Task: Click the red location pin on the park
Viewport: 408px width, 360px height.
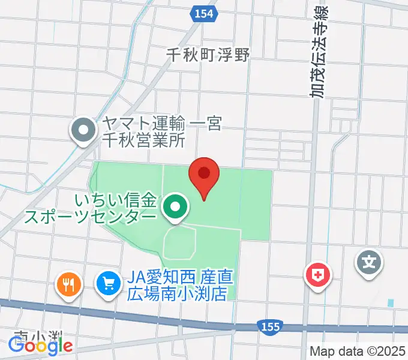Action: [203, 176]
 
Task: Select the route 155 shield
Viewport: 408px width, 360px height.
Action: [269, 326]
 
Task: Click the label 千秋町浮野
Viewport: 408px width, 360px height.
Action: [208, 55]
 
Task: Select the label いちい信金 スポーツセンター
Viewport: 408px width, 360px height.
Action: [90, 208]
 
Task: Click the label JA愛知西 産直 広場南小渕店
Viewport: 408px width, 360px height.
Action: [181, 286]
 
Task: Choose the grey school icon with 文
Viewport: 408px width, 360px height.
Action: [370, 262]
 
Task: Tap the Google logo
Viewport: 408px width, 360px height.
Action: [40, 346]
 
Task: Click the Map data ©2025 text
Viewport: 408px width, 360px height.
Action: [358, 352]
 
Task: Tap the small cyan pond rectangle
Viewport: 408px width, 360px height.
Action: [391, 303]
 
